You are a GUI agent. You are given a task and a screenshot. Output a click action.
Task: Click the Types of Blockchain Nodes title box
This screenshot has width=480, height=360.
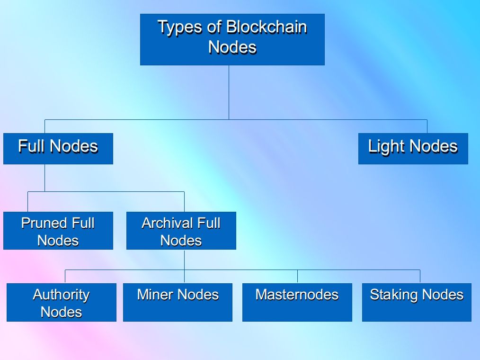(232, 39)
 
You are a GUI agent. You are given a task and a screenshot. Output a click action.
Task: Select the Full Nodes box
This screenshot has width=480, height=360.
(58, 149)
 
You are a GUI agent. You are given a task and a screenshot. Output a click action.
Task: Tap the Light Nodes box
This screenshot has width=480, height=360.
(413, 149)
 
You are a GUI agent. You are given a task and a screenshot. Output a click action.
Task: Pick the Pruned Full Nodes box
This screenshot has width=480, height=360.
(58, 230)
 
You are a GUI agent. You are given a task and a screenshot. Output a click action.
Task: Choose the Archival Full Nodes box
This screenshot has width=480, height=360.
(181, 230)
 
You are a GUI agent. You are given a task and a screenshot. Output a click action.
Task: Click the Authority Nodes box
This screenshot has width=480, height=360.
(62, 302)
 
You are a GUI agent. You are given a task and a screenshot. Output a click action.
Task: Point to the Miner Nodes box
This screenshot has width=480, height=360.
(178, 302)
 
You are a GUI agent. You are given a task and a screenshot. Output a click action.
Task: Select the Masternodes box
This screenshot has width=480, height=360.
(297, 302)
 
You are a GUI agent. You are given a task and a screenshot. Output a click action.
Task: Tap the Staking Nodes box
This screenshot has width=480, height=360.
(417, 302)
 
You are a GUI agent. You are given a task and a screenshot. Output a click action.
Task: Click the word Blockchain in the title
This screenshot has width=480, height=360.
(267, 27)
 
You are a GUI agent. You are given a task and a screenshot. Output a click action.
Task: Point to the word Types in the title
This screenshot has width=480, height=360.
(180, 27)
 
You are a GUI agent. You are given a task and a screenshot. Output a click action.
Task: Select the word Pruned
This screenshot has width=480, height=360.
(44, 223)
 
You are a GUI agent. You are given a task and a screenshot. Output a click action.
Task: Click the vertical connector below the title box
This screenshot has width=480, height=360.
(229, 92)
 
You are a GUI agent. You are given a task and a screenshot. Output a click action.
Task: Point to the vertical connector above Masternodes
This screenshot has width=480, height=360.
(297, 276)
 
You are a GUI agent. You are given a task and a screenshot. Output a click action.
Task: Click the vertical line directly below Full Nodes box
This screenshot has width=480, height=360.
(44, 178)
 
